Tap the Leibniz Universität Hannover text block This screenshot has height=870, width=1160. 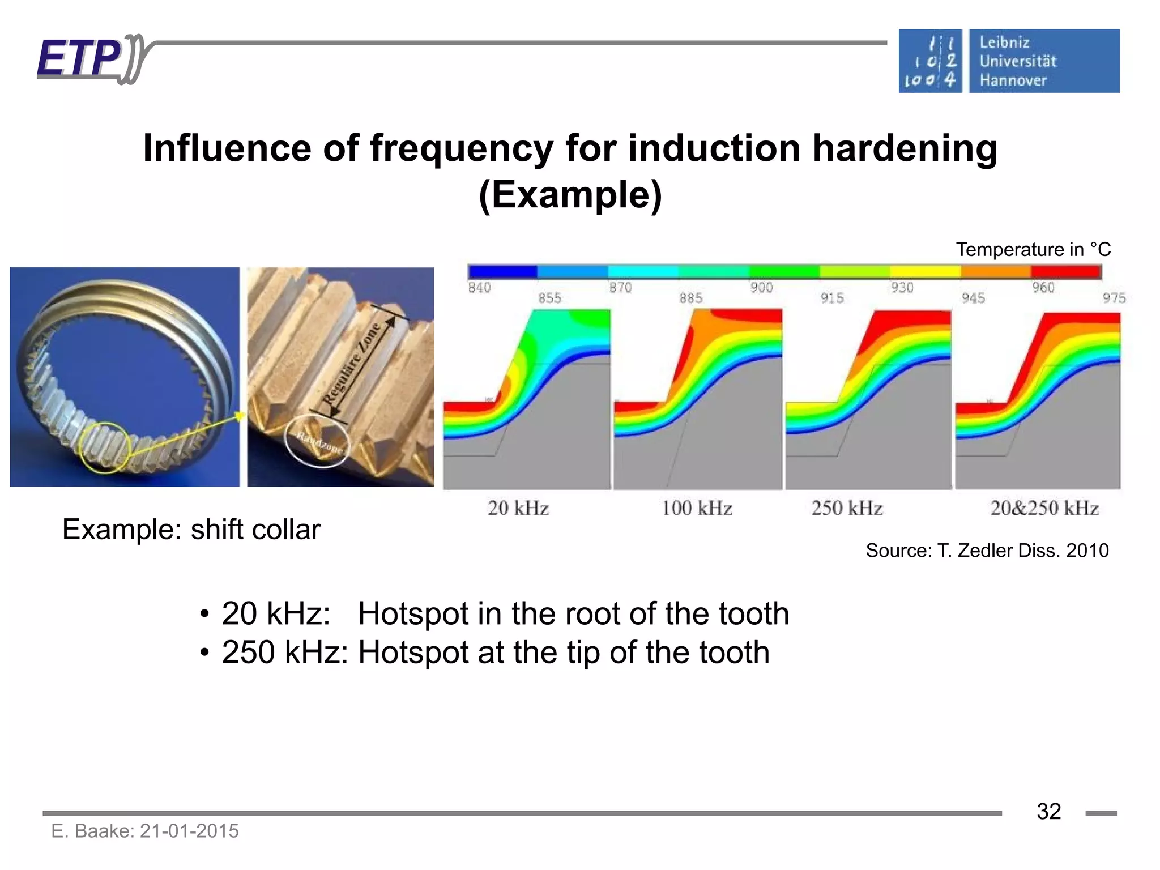pos(1018,61)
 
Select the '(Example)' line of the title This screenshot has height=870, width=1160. pos(570,195)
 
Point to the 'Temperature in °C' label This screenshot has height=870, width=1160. pos(1033,249)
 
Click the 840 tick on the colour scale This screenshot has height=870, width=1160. pos(479,288)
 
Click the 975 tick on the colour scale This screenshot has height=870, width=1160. pos(1114,298)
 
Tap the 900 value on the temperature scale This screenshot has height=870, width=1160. pos(761,288)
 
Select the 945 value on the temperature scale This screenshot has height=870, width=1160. pos(973,298)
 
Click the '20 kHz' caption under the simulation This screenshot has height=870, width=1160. pos(518,508)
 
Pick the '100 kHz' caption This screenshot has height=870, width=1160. pos(697,508)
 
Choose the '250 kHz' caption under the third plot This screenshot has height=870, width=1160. pos(847,508)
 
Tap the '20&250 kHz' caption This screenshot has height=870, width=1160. pos(1044,508)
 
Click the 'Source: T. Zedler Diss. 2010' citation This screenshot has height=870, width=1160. pos(987,551)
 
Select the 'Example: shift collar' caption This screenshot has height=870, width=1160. pos(191,530)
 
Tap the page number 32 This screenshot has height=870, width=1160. pos(1048,812)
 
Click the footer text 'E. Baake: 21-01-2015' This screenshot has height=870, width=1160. pos(145,831)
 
